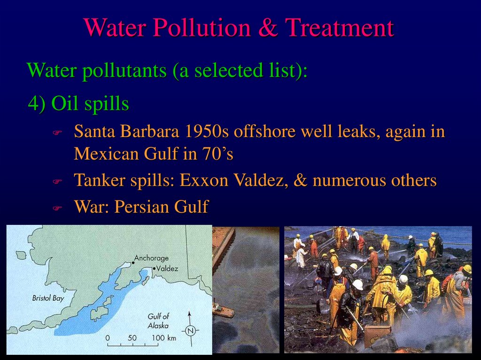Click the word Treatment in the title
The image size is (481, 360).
340,28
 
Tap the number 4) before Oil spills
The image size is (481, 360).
37,104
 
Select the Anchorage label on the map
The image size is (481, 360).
151,258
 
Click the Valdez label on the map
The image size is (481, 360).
167,268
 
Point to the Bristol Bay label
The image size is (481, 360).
47,298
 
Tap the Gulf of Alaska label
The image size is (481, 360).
158,321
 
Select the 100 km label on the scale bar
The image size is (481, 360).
163,337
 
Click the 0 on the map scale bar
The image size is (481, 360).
108,337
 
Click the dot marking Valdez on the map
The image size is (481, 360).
154,268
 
